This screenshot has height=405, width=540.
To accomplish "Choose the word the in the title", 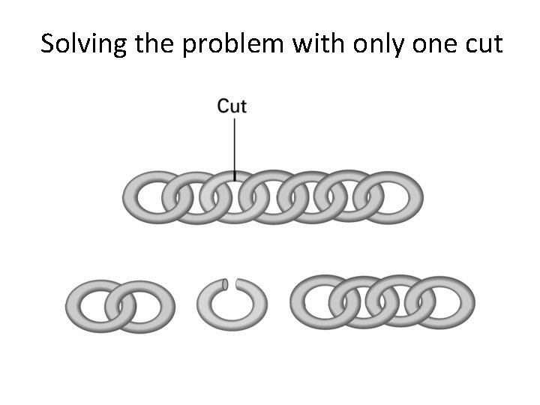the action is (x=157, y=43).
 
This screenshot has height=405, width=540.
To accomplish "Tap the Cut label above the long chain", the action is (x=232, y=106).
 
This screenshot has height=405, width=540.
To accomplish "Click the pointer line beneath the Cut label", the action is (x=235, y=146).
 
